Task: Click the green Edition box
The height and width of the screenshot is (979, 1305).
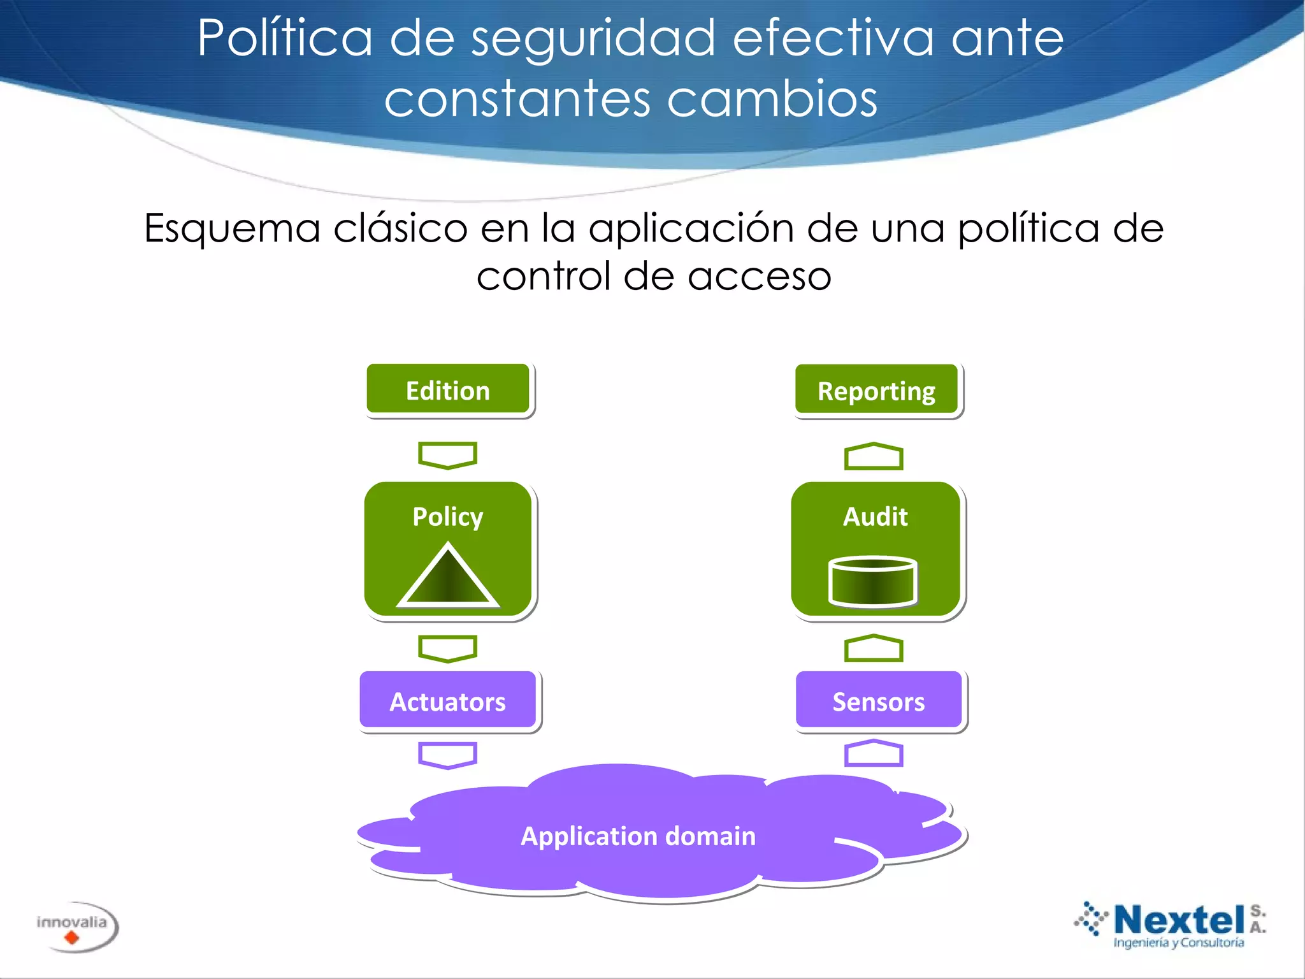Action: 448,390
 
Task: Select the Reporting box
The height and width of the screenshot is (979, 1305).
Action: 877,390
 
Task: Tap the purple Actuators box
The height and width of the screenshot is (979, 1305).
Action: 448,700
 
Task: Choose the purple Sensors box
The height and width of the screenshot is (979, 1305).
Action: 879,700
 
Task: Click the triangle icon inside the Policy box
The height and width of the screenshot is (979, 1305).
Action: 448,576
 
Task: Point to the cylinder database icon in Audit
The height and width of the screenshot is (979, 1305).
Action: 873,581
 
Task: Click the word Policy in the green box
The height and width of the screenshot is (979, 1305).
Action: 448,516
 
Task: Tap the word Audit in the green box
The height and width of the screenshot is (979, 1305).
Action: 876,516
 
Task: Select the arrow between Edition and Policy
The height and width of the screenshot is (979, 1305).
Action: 447,455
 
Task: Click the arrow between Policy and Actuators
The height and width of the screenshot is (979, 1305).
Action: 447,648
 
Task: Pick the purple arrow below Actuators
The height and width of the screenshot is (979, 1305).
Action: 447,755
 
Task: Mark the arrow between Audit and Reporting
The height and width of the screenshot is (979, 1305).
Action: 874,456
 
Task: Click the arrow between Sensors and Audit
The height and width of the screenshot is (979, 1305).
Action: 874,648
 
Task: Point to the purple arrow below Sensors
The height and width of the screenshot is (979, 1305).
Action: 874,753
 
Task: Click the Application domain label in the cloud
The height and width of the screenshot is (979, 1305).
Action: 638,836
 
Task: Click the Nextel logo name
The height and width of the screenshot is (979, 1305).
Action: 1179,920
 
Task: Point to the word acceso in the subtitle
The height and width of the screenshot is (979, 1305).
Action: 760,277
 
